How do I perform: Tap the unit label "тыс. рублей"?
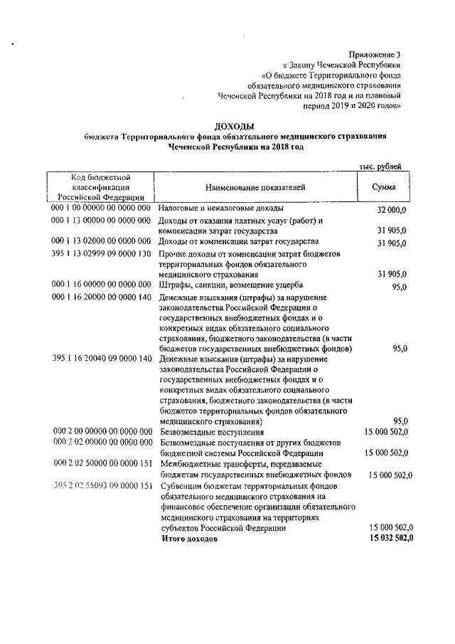click(380, 167)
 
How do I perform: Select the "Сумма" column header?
click(384, 187)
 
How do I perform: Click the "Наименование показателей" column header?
click(255, 187)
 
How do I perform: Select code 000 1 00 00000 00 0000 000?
click(102, 208)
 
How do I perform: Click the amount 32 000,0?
click(392, 211)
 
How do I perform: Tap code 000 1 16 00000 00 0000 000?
click(102, 285)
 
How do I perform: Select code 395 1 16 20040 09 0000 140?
click(102, 359)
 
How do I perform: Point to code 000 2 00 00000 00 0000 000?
click(102, 431)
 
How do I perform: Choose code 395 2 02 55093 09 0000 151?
click(102, 486)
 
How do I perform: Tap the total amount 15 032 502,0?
click(389, 539)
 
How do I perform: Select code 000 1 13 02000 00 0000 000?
click(102, 242)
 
